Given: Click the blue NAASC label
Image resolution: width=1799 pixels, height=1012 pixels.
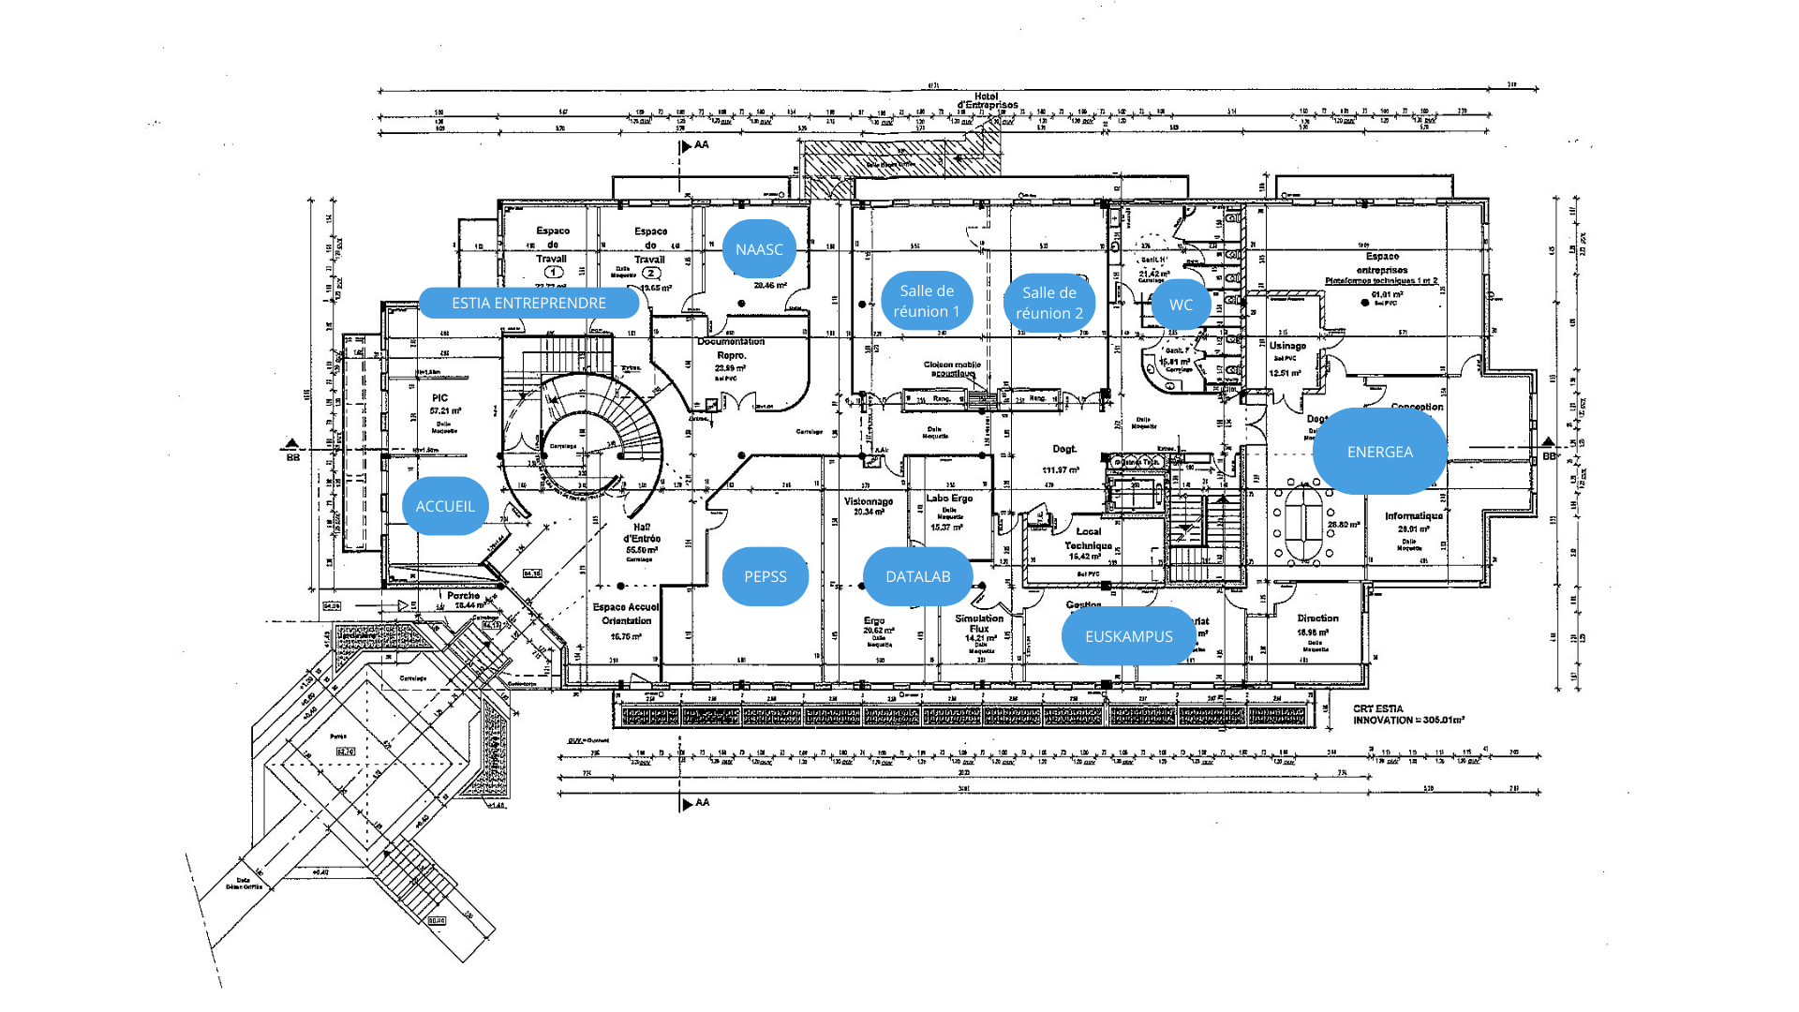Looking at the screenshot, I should click(759, 249).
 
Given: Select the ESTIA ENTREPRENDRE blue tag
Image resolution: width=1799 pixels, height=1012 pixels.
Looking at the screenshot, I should click(528, 303).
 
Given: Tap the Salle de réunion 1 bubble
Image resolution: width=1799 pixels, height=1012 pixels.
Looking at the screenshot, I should click(927, 301).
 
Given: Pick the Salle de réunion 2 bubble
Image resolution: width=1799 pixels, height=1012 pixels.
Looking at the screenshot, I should click(1049, 303).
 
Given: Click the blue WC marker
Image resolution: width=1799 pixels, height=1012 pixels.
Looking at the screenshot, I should click(1181, 305).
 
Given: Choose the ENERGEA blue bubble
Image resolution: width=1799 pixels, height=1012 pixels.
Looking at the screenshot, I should click(1379, 452).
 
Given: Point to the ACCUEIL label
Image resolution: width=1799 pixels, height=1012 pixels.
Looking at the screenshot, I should click(445, 506).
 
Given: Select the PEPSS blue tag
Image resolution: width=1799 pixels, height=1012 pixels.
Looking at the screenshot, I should click(765, 576).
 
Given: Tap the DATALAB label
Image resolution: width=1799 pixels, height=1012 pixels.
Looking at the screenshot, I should click(917, 576).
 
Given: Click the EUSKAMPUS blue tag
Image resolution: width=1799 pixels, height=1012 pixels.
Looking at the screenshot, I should click(1128, 636).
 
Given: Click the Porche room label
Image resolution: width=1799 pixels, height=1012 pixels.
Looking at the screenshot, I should click(463, 596).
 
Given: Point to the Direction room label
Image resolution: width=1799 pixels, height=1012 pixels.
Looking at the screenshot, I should click(1317, 618).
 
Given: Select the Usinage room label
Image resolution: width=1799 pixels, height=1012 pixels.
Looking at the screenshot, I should click(1287, 346).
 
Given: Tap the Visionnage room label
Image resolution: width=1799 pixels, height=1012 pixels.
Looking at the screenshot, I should click(869, 501).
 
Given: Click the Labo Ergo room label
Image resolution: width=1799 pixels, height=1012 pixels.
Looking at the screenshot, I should click(949, 499).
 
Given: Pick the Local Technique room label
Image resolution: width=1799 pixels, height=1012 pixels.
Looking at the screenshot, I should click(1088, 539).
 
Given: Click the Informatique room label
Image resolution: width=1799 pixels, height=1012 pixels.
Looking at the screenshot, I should click(1414, 516).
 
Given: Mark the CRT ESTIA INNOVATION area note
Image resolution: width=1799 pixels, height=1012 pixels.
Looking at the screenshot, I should click(1407, 715).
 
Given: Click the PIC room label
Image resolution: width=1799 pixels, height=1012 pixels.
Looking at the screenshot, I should click(440, 398).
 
